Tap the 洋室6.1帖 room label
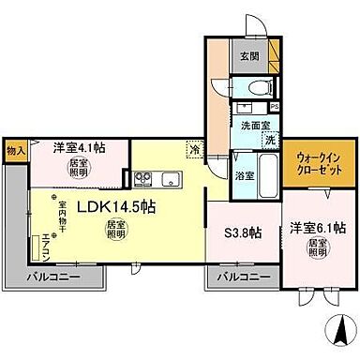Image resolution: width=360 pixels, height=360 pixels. click(x=318, y=227)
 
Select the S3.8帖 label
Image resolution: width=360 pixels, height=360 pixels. click(x=241, y=232)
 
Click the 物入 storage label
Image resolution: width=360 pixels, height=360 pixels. click(x=15, y=148)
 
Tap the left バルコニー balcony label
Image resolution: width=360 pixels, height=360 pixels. click(x=52, y=277)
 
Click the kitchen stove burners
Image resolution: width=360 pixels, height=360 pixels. click(x=144, y=177)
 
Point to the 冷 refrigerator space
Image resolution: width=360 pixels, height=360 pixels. click(x=194, y=148)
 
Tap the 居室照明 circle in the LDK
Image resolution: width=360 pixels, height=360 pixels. click(x=115, y=229)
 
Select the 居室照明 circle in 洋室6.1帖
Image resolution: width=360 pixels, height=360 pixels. click(x=318, y=247)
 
